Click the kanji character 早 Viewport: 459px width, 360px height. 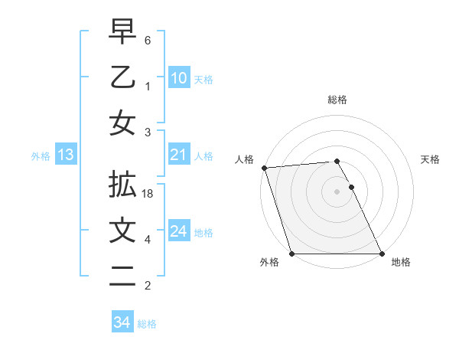pos(122,32)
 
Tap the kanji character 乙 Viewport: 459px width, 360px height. pos(122,78)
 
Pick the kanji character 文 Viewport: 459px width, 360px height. pos(122,231)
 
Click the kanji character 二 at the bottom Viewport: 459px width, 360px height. pos(122,276)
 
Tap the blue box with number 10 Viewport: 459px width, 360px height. pos(178,78)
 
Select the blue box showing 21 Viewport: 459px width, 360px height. pos(178,155)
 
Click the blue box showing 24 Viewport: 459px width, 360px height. pos(178,231)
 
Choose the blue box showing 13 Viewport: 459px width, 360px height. pos(65,155)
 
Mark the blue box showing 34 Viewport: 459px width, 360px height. pos(122,322)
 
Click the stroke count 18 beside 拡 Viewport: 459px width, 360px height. pos(148,195)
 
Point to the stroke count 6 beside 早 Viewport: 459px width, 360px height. pos(148,41)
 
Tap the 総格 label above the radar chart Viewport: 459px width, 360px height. pos(337,100)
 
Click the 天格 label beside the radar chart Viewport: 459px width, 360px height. pos(430,159)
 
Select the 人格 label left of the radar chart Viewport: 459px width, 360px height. pos(244,159)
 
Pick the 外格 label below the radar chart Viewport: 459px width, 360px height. pos(269,263)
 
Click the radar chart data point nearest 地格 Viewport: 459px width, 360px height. pos(381,254)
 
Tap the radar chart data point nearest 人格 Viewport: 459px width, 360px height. pos(264,168)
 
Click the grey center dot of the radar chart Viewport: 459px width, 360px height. pos(337,191)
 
